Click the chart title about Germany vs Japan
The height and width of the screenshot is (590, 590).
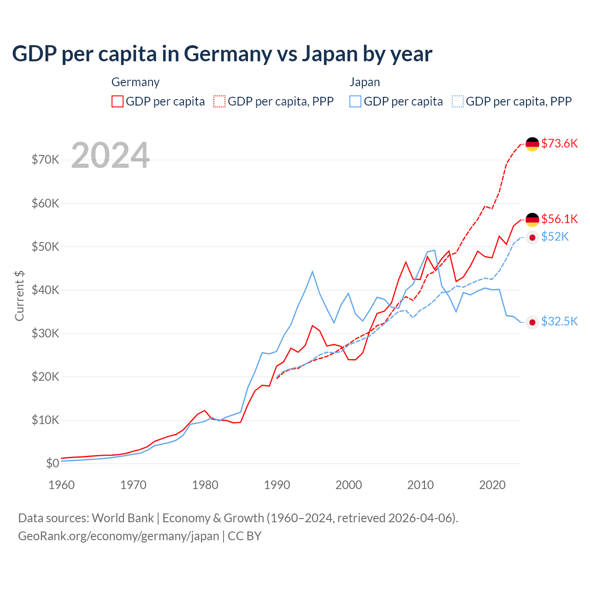pos(222,54)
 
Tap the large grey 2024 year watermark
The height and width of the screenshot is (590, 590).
pos(111,155)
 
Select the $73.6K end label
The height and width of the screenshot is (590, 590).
pos(559,143)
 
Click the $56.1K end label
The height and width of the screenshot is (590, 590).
pos(559,218)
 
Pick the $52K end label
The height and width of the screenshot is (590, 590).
pos(555,236)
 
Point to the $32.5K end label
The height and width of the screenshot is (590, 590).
pos(559,321)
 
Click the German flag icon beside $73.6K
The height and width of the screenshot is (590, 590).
pos(532,144)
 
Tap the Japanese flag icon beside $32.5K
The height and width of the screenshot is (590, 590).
pos(532,322)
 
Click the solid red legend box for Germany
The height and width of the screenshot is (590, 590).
pos(118,101)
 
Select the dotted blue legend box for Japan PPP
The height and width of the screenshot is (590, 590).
pos(458,101)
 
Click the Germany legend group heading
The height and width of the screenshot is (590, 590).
pos(136,82)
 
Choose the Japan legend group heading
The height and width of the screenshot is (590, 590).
pos(365,82)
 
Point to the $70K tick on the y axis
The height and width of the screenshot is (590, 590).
pos(45,160)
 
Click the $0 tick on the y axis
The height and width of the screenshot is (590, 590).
pos(53,463)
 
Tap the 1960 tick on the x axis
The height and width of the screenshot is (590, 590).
pos(61,485)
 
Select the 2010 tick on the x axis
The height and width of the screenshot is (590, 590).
pos(420,485)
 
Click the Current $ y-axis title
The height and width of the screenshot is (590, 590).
pos(19,295)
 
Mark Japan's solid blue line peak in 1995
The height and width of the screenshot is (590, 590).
pos(313,271)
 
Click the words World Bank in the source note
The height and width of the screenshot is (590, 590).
pos(123,518)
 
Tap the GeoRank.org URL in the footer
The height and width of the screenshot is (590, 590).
pos(118,536)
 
